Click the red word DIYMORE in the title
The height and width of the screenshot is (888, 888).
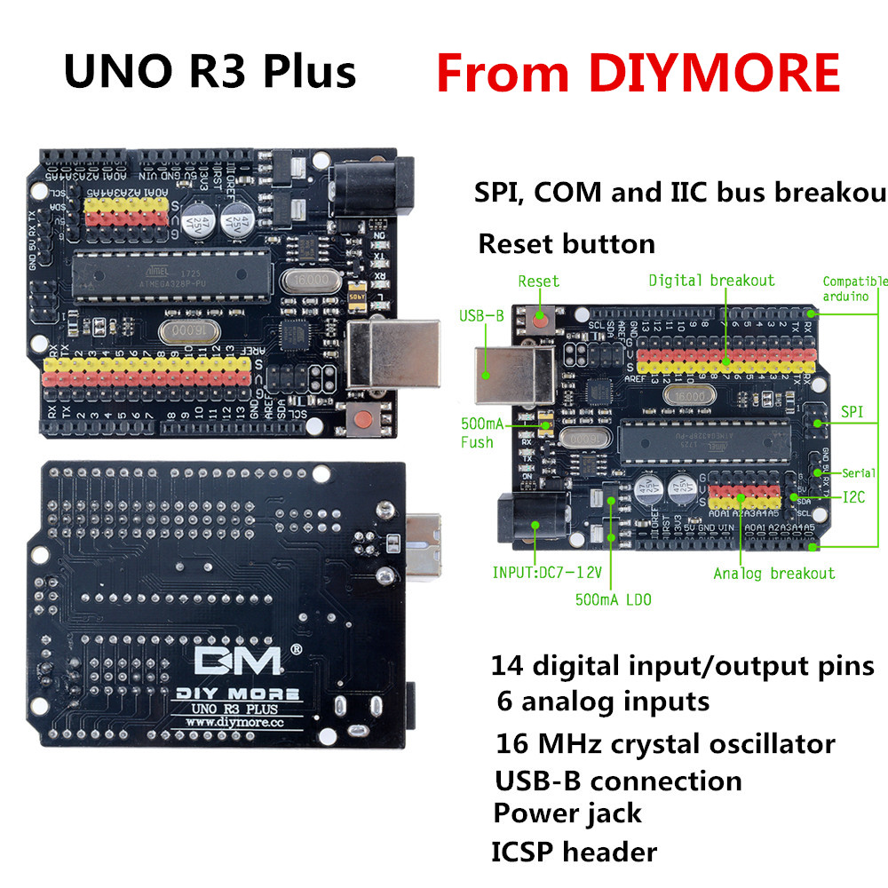point(714,73)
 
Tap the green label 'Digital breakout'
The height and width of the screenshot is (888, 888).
point(711,281)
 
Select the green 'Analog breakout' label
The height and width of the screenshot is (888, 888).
point(774,574)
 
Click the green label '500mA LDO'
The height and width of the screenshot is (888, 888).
point(613,600)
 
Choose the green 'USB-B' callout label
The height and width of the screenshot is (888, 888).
point(481,315)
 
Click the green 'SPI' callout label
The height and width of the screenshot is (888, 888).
point(852,412)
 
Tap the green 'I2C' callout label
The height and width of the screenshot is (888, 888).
point(853,497)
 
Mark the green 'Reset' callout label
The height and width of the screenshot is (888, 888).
point(538,281)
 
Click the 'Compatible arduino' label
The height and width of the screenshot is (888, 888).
point(854,289)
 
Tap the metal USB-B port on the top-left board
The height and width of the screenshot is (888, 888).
point(391,353)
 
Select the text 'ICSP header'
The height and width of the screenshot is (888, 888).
point(574,852)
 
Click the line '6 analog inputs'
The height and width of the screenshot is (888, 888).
point(603,702)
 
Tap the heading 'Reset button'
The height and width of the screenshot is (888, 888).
point(567,243)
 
